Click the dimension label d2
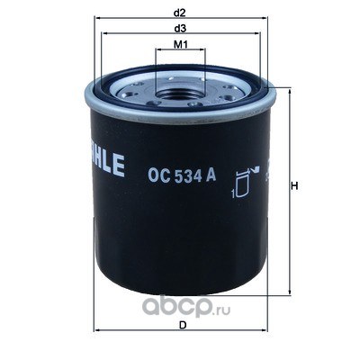[x=180, y=13]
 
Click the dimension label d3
[x=180, y=29]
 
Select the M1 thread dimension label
[x=181, y=45]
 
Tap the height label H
[x=295, y=186]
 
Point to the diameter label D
[x=182, y=325]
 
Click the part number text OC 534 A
[x=182, y=175]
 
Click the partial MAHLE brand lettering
[x=107, y=165]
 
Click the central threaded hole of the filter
[x=180, y=95]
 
